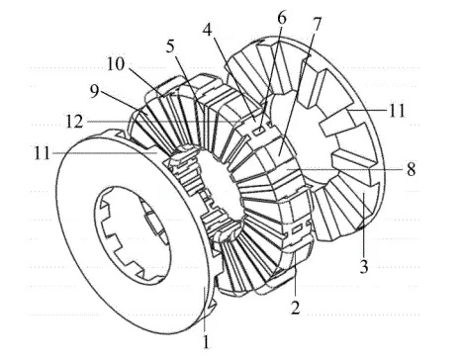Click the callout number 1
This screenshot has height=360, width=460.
pos(205,344)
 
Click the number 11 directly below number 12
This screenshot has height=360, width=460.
pos(66,152)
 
